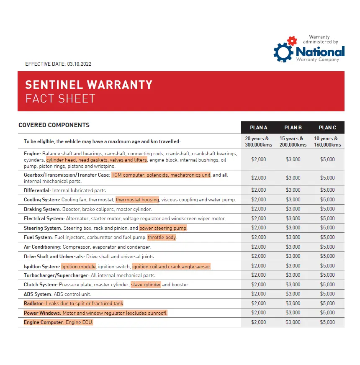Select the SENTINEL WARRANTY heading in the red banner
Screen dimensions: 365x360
(x=89, y=85)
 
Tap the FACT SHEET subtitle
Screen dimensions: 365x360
(x=60, y=99)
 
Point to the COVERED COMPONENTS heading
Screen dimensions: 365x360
(x=54, y=125)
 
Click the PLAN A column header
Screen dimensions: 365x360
(x=258, y=128)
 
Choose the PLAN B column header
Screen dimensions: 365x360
(x=293, y=128)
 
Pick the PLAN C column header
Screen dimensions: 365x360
(x=327, y=128)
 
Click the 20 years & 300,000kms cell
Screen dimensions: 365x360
(x=258, y=141)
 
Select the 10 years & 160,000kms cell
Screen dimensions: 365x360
(x=327, y=141)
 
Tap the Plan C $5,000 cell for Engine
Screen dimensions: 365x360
(x=327, y=159)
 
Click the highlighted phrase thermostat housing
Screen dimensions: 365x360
(x=137, y=200)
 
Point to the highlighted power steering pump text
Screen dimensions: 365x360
(x=163, y=228)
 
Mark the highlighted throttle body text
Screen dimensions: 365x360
(x=162, y=237)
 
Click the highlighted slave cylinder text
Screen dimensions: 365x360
(x=146, y=285)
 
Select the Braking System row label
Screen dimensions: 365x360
(x=42, y=209)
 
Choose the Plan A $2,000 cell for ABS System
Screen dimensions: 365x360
(x=258, y=294)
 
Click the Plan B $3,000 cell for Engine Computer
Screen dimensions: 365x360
(x=293, y=322)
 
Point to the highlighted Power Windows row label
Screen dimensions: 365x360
(x=42, y=313)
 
